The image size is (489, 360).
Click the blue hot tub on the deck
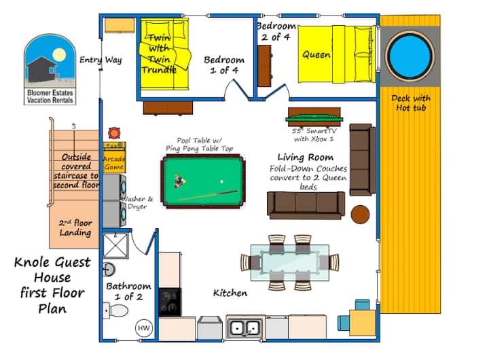pyautogui.click(x=410, y=56)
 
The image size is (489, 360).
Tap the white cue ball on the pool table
pyautogui.click(x=221, y=181)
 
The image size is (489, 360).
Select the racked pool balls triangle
pyautogui.click(x=180, y=181)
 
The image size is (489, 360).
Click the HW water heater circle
pyautogui.click(x=144, y=328)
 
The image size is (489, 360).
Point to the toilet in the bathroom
pyautogui.click(x=115, y=311)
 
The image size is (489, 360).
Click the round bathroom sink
pyautogui.click(x=109, y=269)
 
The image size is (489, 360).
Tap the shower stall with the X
pyautogui.click(x=115, y=245)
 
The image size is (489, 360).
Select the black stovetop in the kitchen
pyautogui.click(x=170, y=302)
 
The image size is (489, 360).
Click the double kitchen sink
pyautogui.click(x=245, y=328)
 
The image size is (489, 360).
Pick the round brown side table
pyautogui.click(x=360, y=215)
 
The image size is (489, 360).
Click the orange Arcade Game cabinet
pyautogui.click(x=115, y=158)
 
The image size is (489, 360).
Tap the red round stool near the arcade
pyautogui.click(x=114, y=133)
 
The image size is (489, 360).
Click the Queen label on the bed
pyautogui.click(x=316, y=55)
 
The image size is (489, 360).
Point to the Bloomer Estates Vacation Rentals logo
pyautogui.click(x=50, y=69)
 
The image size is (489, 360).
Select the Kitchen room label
pyautogui.click(x=230, y=293)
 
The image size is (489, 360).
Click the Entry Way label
pyautogui.click(x=101, y=60)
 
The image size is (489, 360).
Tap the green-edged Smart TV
pyautogui.click(x=314, y=119)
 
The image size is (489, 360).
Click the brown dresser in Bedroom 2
pyautogui.click(x=264, y=66)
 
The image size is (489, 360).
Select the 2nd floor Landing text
pyautogui.click(x=75, y=228)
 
